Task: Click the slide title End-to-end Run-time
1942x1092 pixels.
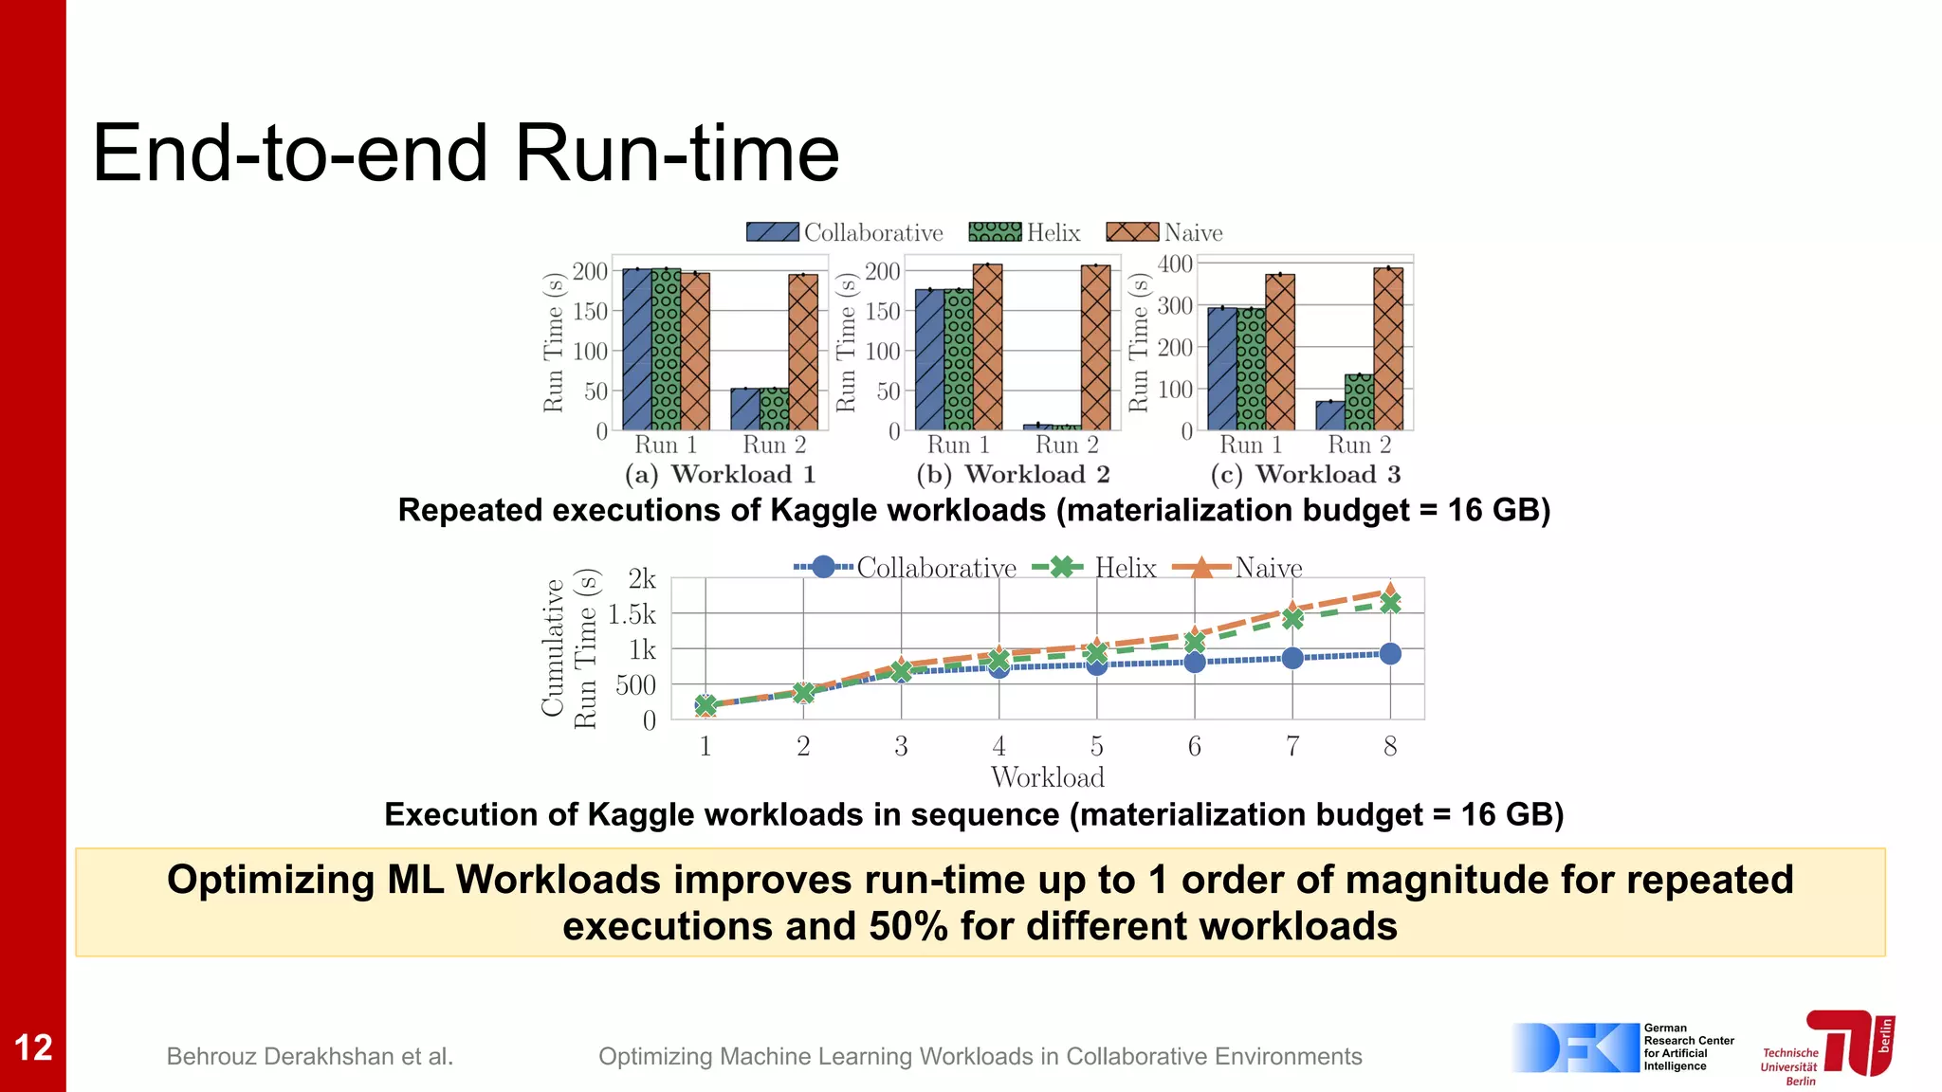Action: coord(466,154)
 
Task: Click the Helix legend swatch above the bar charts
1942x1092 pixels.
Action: coord(995,232)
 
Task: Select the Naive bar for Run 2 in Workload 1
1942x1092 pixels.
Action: coord(803,353)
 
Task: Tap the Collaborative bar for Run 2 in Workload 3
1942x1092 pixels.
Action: coord(1330,416)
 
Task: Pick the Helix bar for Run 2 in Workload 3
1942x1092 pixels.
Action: coord(1359,402)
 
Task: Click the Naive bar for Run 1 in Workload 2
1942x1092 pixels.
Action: coord(987,348)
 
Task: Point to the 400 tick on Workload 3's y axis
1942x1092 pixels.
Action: coord(1175,264)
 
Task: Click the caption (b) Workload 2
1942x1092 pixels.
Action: coord(1013,474)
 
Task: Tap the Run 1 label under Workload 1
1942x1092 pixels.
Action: coord(666,445)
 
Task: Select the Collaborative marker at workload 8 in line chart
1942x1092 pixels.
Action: coord(1390,654)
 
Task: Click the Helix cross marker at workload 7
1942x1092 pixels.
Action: coord(1292,619)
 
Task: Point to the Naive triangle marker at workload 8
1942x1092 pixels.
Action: coord(1390,590)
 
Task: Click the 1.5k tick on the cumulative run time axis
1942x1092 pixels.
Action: coord(632,614)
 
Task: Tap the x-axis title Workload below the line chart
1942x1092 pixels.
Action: coord(1048,777)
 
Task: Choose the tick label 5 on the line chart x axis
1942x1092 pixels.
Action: coord(1097,747)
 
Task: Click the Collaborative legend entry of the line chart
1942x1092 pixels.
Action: coord(906,568)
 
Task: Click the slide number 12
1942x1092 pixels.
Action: coord(33,1047)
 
